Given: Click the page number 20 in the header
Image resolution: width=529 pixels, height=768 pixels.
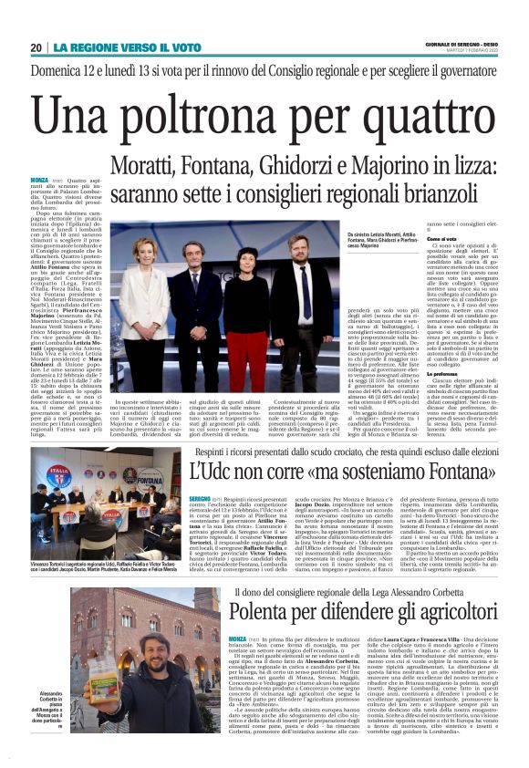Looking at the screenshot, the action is [x=36, y=47].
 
